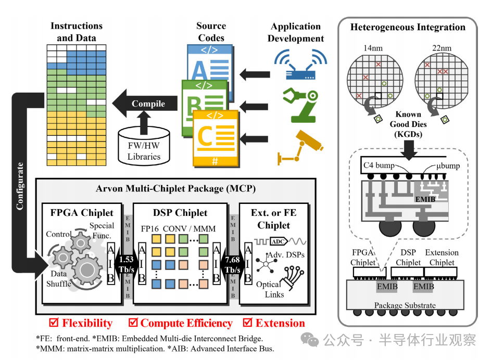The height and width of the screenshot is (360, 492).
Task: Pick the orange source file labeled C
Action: [215, 137]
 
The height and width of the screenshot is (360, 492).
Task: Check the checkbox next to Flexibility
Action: [53, 323]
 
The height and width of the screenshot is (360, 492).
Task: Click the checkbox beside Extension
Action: [248, 323]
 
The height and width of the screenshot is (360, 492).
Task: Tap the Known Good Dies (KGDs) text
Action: [408, 124]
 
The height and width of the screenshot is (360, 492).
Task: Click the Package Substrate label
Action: [405, 305]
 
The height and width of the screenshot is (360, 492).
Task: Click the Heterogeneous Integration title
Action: [408, 28]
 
